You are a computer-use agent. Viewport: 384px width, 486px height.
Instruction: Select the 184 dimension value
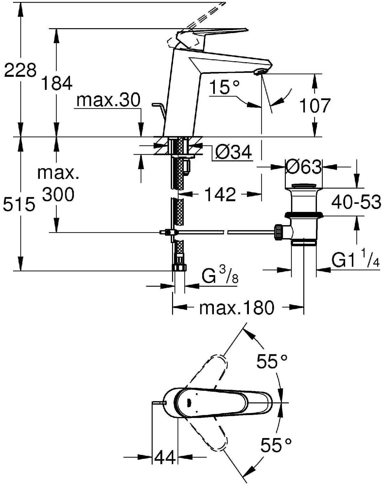(57, 83)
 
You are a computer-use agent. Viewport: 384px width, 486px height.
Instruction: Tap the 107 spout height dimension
(315, 105)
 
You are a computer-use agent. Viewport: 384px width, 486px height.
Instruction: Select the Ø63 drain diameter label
(303, 167)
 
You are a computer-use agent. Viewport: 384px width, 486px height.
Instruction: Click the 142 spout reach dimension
(220, 194)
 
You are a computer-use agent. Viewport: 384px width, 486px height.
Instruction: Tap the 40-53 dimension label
(356, 202)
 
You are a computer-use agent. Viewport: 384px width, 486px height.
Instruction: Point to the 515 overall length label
(19, 204)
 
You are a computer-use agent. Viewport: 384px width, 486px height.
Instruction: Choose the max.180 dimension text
(237, 307)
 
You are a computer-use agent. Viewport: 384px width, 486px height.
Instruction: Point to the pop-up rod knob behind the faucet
(156, 105)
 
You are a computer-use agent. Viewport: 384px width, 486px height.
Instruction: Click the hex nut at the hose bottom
(180, 268)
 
